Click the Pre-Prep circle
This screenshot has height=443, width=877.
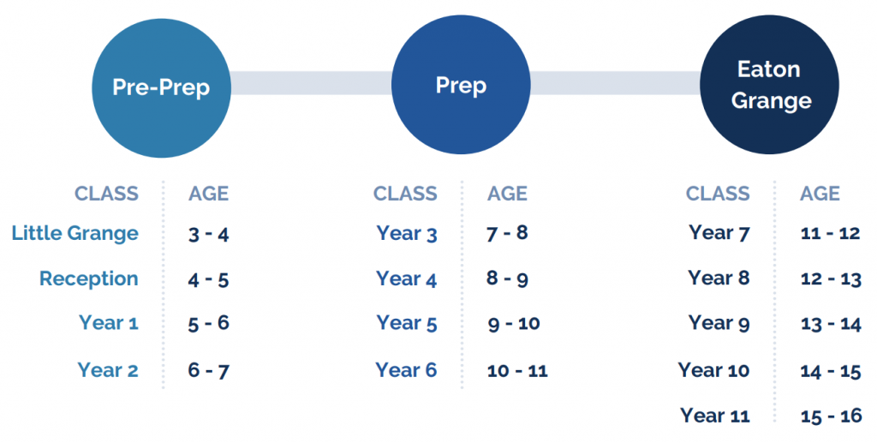coord(161,87)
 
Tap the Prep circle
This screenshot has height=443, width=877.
coord(461,85)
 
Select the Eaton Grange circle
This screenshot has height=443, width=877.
coord(770,85)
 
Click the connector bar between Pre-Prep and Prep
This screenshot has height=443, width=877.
coord(311,83)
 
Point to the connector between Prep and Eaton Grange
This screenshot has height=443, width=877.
coord(615,83)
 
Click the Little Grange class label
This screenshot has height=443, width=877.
coord(75,233)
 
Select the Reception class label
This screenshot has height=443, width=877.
coord(89,278)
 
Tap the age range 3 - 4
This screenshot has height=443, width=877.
coord(209,234)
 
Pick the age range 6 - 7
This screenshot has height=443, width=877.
coord(209,370)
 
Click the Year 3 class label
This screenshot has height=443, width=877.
coord(407,233)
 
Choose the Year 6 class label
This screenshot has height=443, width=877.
coord(406,369)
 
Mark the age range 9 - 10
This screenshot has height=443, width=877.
coord(514,323)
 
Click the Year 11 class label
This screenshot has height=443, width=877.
coord(715,415)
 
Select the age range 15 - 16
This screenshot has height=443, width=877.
coord(831,416)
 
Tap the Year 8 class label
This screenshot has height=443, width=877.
coord(719,278)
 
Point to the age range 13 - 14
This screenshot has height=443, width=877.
coord(831,324)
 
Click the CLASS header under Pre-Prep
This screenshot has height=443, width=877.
coord(106,194)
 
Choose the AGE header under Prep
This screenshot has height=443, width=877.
coord(507,194)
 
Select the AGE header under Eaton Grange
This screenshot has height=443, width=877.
coord(820,194)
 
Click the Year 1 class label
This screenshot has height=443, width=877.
coord(109,323)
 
